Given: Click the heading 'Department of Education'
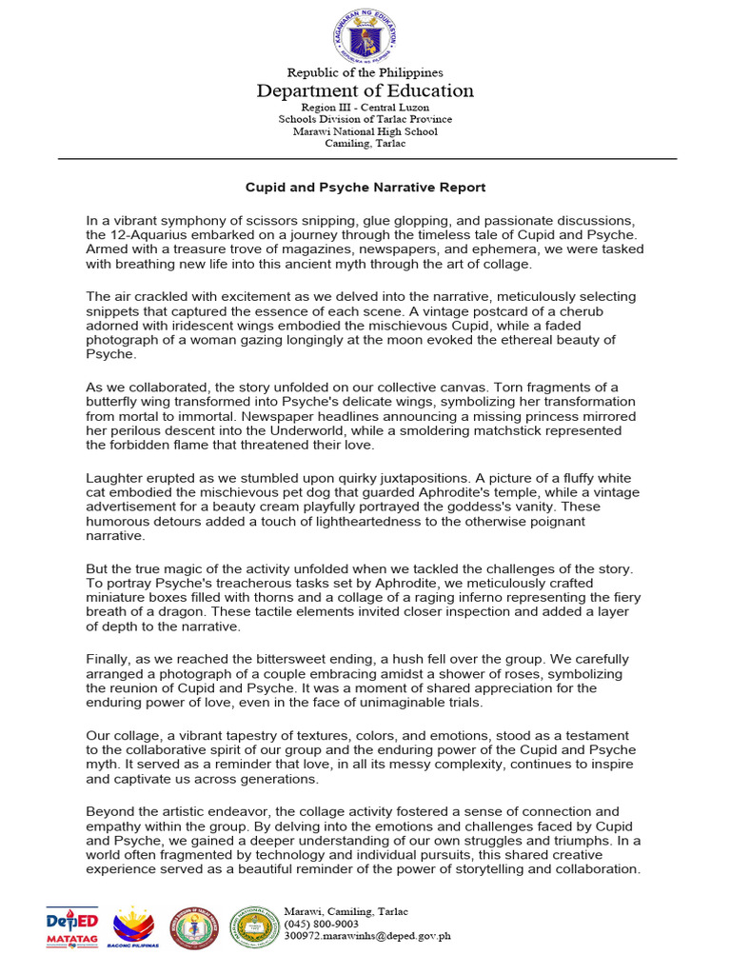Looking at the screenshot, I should (365, 91).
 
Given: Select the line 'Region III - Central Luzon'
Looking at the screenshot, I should (365, 108).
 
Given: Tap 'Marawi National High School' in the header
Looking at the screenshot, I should (365, 131).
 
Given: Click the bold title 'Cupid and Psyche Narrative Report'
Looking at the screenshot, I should (365, 188).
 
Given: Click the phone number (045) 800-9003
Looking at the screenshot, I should (322, 924).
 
